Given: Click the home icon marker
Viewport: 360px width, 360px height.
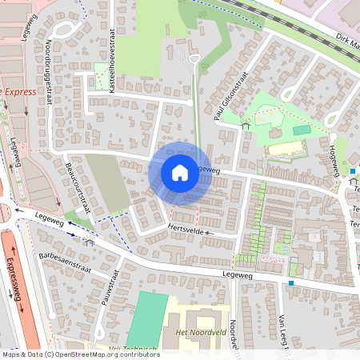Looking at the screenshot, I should [x=180, y=172].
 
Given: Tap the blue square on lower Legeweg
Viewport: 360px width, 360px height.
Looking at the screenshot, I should [x=291, y=283].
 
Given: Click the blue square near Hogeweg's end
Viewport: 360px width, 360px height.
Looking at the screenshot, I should [x=352, y=170].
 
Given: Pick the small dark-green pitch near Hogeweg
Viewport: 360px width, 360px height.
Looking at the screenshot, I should [x=301, y=130].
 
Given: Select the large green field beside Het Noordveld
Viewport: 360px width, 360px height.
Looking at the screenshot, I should [x=147, y=319].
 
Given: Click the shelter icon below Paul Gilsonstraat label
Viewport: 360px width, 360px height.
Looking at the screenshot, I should [x=246, y=125].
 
